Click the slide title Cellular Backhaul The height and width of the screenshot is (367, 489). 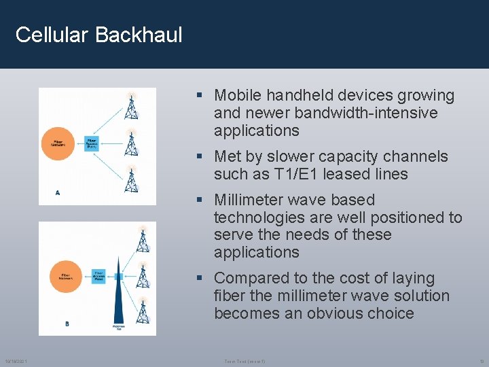98,35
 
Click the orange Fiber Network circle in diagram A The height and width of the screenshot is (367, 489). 59,143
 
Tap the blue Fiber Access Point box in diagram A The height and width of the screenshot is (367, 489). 92,143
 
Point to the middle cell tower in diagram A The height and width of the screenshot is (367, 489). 132,143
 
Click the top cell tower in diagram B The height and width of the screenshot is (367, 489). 143,240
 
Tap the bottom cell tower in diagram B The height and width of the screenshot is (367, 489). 143,311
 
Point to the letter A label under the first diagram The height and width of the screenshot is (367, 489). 58,193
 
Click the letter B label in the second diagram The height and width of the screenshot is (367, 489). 67,324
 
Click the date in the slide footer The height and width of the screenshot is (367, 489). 16,361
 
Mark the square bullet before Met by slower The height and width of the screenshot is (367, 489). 200,157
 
